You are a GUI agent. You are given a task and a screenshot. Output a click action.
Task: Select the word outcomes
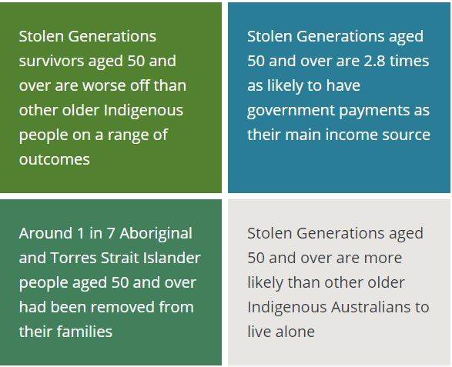(54, 159)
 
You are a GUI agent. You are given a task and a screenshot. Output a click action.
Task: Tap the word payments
(375, 110)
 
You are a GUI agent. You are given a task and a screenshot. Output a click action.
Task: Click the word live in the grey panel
(259, 332)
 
